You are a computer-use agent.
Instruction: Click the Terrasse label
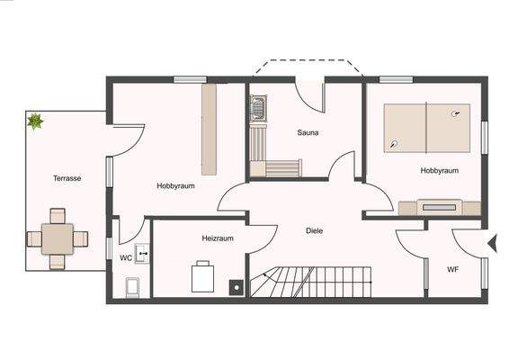pyautogui.click(x=67, y=178)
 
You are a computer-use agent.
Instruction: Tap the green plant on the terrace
pyautogui.click(x=35, y=121)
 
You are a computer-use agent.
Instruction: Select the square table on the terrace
pyautogui.click(x=58, y=238)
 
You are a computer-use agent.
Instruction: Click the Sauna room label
pyautogui.click(x=308, y=132)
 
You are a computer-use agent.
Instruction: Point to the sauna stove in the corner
pyautogui.click(x=257, y=105)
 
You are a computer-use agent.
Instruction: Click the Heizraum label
pyautogui.click(x=218, y=238)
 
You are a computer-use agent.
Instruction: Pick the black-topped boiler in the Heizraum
pyautogui.click(x=203, y=276)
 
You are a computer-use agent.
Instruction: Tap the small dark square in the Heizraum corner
pyautogui.click(x=237, y=288)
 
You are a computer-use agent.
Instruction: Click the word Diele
pyautogui.click(x=314, y=230)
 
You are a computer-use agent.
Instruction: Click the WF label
pyautogui.click(x=453, y=268)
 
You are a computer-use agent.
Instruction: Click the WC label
pyautogui.click(x=126, y=257)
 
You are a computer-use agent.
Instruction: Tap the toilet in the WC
pyautogui.click(x=131, y=286)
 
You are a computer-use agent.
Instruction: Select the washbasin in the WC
pyautogui.click(x=141, y=253)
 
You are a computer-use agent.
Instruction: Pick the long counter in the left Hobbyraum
pyautogui.click(x=210, y=130)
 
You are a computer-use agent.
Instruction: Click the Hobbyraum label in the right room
pyautogui.click(x=440, y=169)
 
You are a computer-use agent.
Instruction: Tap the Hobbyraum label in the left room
pyautogui.click(x=176, y=185)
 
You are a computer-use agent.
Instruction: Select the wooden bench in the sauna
pyautogui.click(x=281, y=167)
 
